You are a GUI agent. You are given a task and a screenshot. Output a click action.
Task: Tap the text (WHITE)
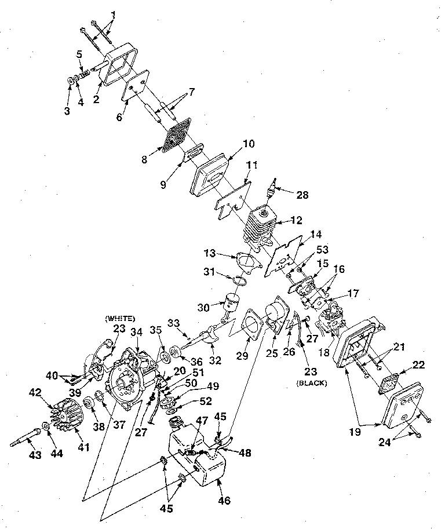click(120, 318)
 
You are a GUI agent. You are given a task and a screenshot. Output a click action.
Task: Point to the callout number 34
click(136, 332)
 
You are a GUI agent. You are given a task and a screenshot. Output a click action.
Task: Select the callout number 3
click(67, 111)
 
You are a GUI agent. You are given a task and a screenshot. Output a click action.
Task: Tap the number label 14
click(315, 235)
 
